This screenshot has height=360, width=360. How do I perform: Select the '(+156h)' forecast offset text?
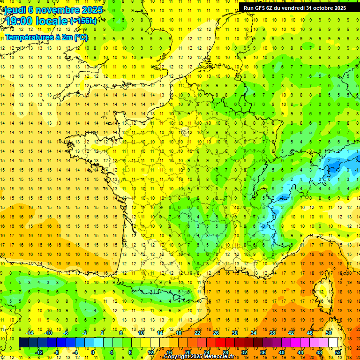click(83, 21)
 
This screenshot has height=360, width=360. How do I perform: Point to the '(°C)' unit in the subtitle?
click(81, 37)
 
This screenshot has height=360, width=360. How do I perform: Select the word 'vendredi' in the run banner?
click(295, 8)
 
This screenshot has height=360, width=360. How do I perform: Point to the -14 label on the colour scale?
click(30, 333)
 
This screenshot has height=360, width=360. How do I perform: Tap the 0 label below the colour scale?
click(93, 352)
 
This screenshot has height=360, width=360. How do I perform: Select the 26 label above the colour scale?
click(216, 333)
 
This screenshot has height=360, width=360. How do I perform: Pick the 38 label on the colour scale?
click(272, 333)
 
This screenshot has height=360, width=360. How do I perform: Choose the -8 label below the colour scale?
click(56, 352)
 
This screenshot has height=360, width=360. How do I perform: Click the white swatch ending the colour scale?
click(333, 343)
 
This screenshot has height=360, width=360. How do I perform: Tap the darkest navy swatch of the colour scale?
click(24, 343)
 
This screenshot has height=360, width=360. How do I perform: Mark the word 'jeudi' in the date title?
click(15, 9)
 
